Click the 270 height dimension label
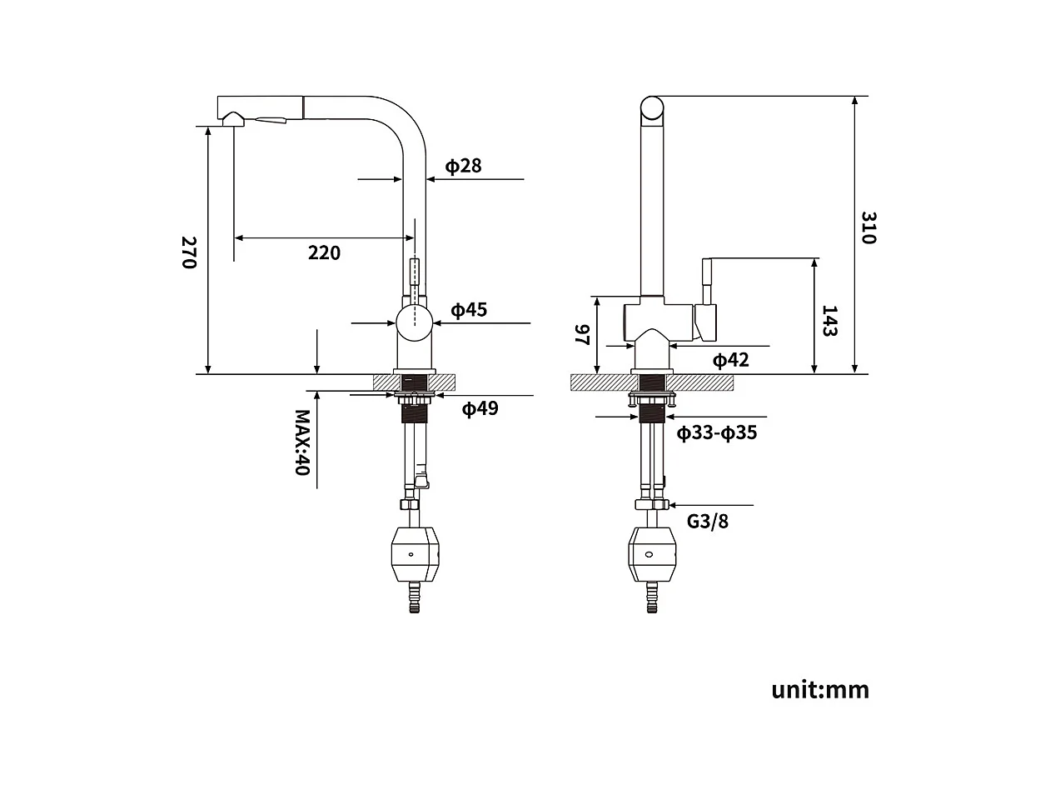188,252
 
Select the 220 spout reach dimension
324,252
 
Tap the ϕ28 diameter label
463,166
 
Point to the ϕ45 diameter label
469,310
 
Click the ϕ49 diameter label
480,408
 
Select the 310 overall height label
868,227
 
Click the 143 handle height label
829,321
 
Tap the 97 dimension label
582,335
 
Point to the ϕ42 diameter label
730,359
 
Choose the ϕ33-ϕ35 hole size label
716,432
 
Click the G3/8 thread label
707,522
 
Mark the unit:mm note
819,689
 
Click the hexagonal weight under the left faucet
413,555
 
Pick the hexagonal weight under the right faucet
651,555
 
